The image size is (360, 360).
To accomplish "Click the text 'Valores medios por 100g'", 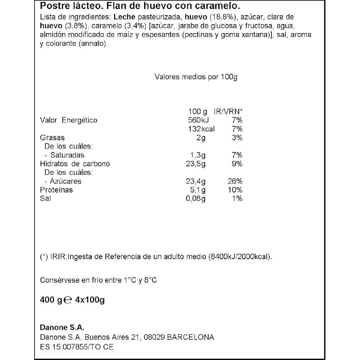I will tap(196, 77).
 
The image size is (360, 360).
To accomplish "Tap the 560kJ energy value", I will tap(200, 120).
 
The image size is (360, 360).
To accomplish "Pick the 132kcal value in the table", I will tap(201, 129).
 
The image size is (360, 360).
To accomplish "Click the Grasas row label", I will tap(52, 138).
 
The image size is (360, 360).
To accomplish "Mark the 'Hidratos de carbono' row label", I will tap(75, 164).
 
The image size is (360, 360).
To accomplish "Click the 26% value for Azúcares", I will tap(235, 181).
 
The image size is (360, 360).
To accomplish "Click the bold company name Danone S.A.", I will tap(61, 328).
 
